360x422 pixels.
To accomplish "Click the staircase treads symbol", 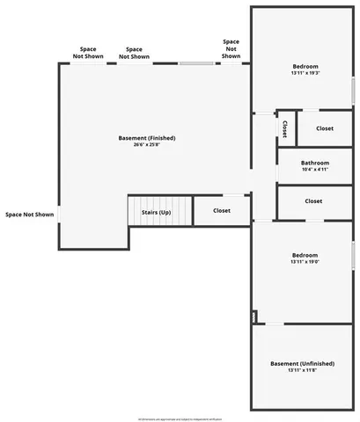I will click(x=139, y=212).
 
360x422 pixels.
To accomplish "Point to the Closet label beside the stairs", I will click(x=222, y=211).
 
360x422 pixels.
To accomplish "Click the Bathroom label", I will click(x=314, y=163).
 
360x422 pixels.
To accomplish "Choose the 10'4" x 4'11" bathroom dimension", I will click(x=314, y=170).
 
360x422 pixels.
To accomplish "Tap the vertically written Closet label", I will click(x=284, y=128).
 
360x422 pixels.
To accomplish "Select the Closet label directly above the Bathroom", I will click(x=325, y=128).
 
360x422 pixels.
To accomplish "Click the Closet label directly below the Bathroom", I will click(x=313, y=201).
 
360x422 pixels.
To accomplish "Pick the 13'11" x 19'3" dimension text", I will click(x=305, y=74).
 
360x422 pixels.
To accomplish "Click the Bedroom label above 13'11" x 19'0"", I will click(x=305, y=254).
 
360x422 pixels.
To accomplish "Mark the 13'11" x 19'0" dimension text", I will click(x=305, y=261).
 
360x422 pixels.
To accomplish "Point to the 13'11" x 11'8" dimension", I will click(x=302, y=371).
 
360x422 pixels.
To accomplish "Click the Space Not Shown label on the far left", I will click(x=29, y=214).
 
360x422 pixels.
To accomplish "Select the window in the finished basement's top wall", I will click(x=197, y=62).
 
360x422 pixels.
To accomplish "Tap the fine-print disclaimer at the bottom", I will click(x=180, y=418).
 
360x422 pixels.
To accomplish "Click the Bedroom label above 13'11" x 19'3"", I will click(x=305, y=67).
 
